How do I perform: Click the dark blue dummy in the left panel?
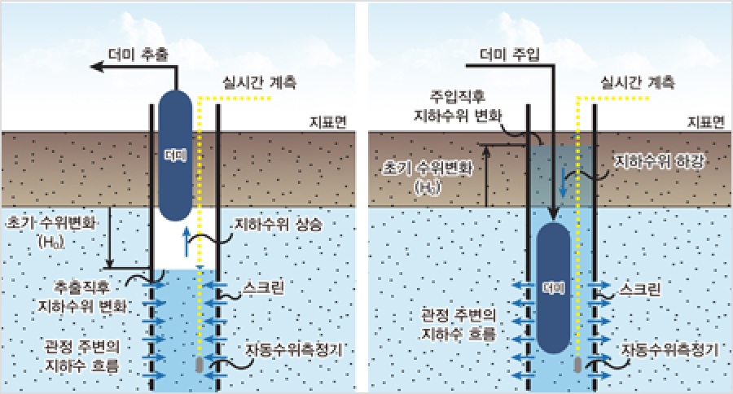click(174, 154)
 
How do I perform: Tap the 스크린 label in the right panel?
click(640, 289)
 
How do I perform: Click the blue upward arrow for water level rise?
click(187, 241)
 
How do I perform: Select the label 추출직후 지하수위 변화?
click(83, 298)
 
